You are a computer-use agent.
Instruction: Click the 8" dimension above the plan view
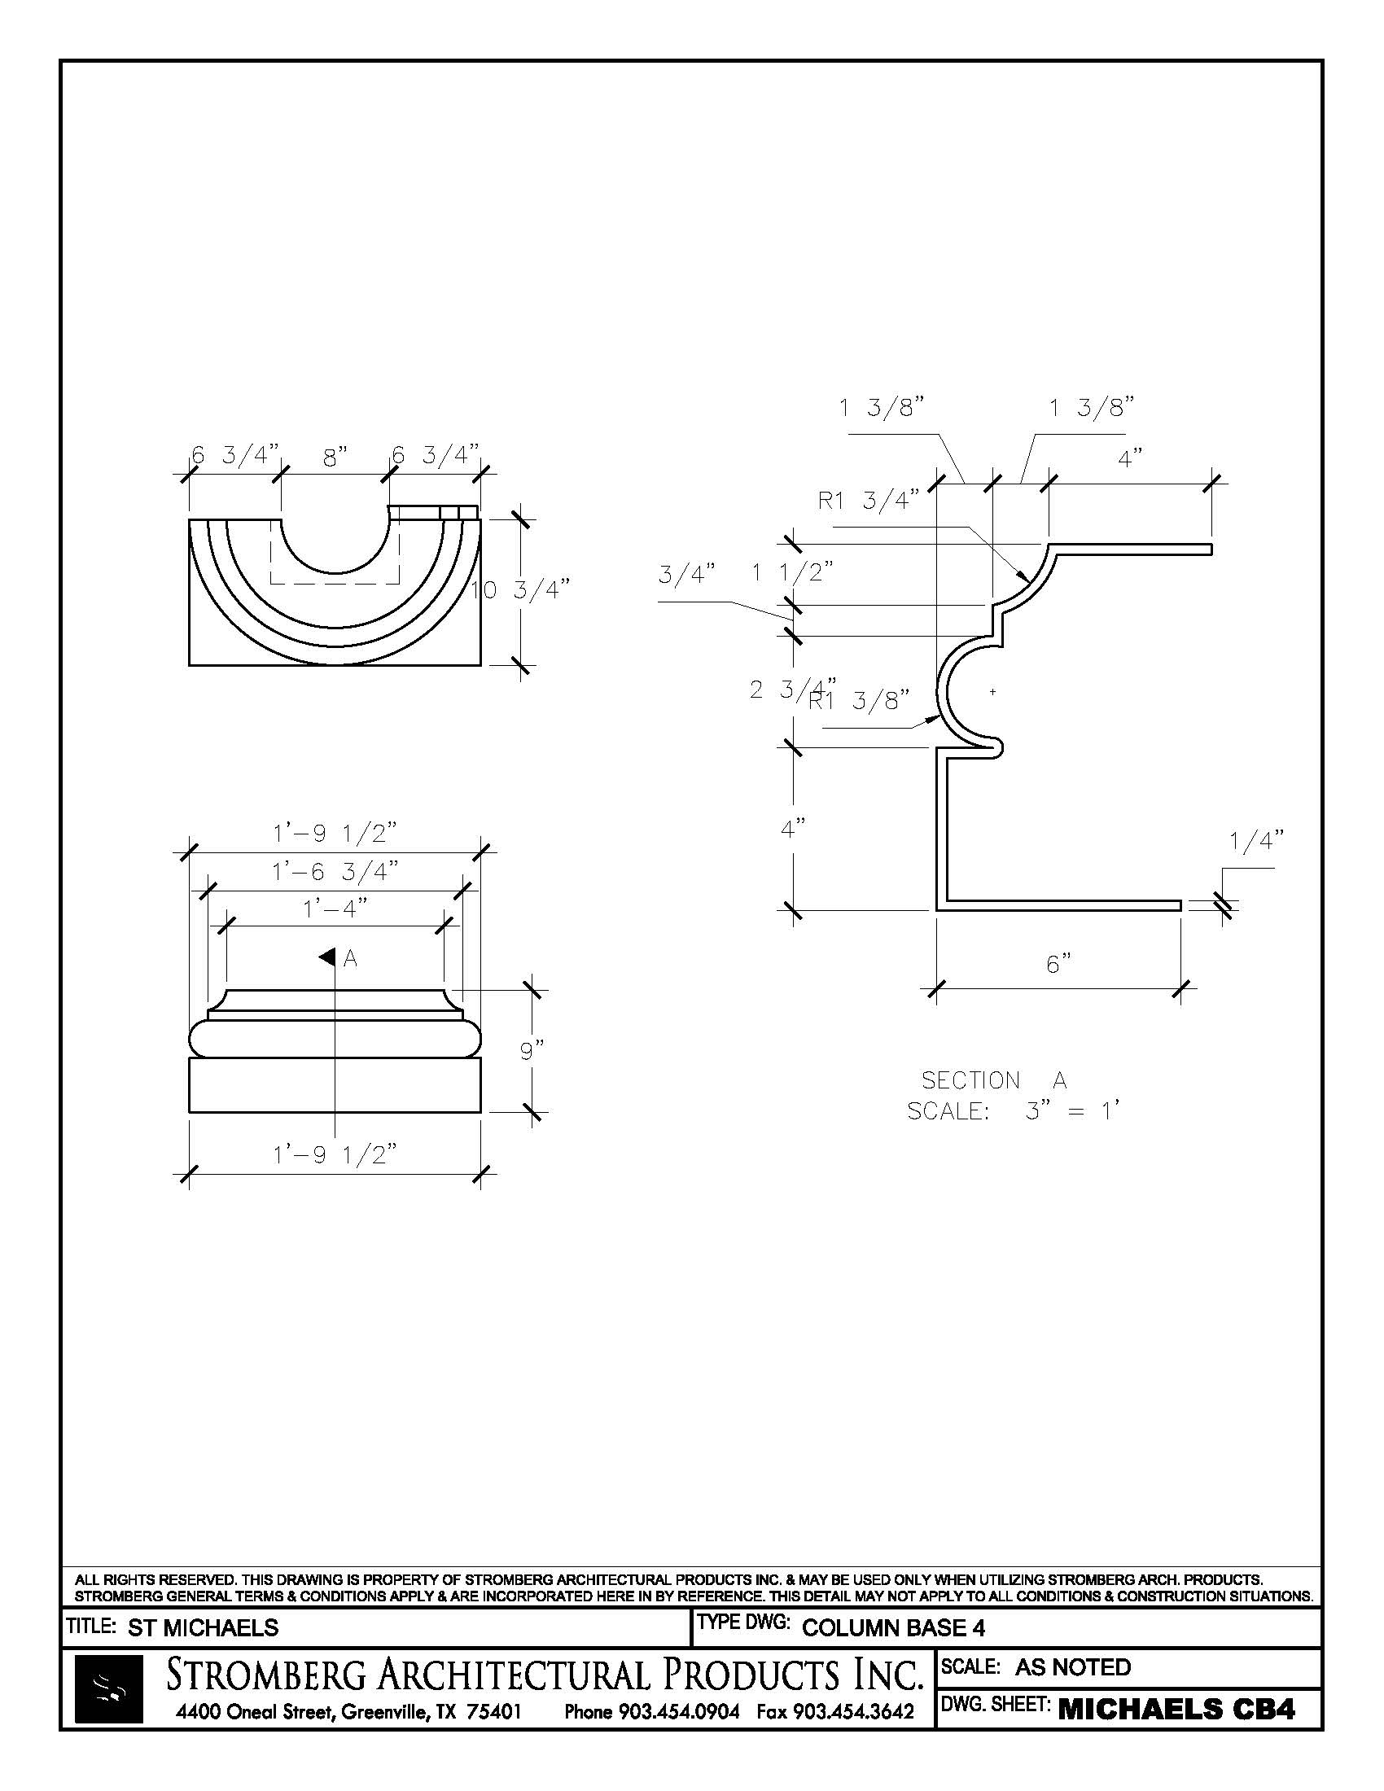click(x=335, y=458)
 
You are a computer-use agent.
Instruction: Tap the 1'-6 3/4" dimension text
click(x=335, y=871)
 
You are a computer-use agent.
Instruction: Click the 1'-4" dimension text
click(x=335, y=909)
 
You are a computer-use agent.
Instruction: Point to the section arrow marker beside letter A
click(x=327, y=957)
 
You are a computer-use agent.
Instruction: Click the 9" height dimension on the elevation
click(x=532, y=1049)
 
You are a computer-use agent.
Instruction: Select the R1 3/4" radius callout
click(x=869, y=500)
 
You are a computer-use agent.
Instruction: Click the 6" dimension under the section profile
click(x=1058, y=964)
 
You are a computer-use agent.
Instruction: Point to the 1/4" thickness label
click(x=1256, y=841)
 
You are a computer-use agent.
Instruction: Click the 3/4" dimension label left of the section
click(x=687, y=574)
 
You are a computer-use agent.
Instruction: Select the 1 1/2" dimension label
click(x=793, y=572)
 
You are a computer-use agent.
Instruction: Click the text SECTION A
click(x=994, y=1080)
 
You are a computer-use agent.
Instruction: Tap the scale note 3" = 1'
click(x=1071, y=1111)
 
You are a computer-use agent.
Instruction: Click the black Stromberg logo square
click(x=108, y=1688)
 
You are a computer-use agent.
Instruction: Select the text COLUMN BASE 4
click(x=893, y=1628)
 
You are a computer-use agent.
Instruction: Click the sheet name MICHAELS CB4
click(x=1176, y=1710)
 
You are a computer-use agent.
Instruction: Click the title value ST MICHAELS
click(x=203, y=1628)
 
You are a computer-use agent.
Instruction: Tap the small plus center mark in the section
click(x=993, y=692)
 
